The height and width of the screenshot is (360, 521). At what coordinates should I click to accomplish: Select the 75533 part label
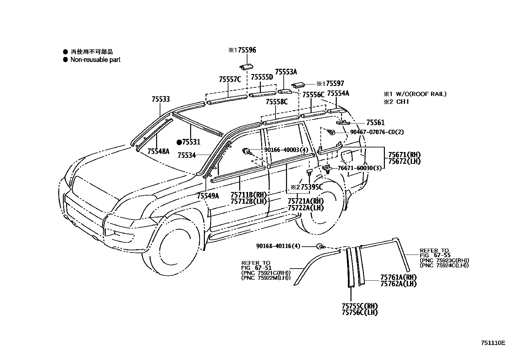[161, 99]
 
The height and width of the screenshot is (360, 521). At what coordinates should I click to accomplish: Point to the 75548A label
[158, 151]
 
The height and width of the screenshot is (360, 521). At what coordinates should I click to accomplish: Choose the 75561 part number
[375, 123]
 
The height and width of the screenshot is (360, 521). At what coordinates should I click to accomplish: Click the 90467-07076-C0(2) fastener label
[377, 132]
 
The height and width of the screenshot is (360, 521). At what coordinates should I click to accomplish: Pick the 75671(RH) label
[404, 155]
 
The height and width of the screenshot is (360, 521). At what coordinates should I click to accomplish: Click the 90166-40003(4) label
[286, 150]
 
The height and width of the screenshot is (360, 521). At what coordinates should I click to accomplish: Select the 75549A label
[208, 196]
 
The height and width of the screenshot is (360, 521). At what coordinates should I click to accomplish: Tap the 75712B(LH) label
[249, 201]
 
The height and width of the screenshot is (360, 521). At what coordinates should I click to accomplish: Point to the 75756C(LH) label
[360, 313]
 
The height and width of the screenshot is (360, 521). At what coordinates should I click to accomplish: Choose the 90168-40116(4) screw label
[278, 246]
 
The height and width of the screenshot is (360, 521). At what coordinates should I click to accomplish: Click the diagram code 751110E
[493, 343]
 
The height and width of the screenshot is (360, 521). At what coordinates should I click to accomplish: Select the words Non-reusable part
[95, 60]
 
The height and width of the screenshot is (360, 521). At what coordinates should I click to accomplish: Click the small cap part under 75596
[246, 67]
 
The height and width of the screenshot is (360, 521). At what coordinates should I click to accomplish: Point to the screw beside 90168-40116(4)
[320, 246]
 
